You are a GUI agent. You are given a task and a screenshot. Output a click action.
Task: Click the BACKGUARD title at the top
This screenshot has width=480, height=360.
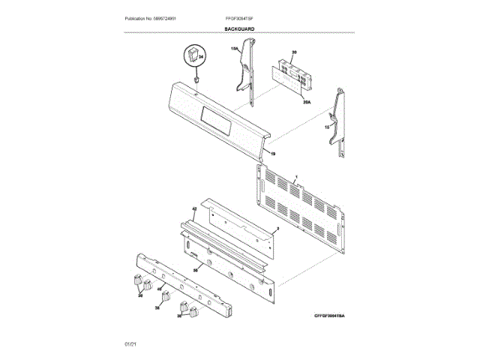pyautogui.click(x=239, y=28)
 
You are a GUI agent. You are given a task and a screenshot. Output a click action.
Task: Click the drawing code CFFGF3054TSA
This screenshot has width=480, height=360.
pyautogui.click(x=334, y=316)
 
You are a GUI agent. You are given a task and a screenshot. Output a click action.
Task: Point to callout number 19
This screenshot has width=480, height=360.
pyautogui.click(x=273, y=153)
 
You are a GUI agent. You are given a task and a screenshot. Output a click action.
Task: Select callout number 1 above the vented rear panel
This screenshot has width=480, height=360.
pyautogui.click(x=297, y=175)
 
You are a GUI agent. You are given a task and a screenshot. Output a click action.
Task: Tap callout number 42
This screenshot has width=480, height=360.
pyautogui.click(x=193, y=208)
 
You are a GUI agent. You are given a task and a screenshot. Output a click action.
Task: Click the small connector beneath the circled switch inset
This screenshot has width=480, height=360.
pyautogui.click(x=196, y=78)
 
